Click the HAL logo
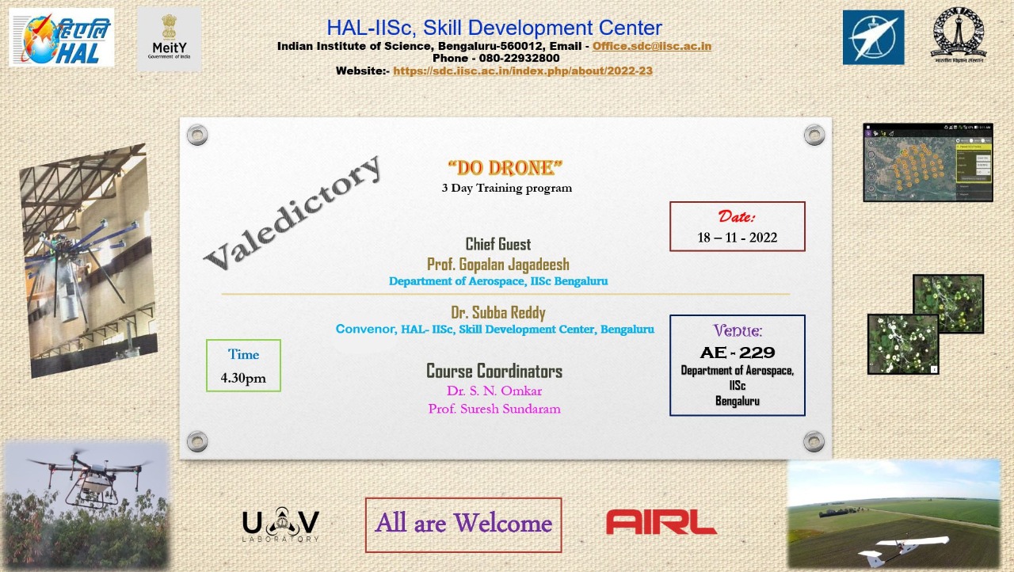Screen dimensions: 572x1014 click(61, 37)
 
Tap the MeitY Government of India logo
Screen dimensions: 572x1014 click(169, 39)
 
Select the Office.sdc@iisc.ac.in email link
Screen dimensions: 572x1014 click(651, 46)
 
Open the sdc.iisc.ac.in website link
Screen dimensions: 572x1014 click(522, 71)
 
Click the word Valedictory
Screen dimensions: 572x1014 click(292, 210)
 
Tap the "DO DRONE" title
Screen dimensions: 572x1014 click(505, 168)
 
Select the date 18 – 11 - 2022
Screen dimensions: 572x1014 click(737, 238)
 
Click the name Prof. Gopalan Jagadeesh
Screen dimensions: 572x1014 click(497, 264)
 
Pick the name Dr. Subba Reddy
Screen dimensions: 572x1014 click(497, 312)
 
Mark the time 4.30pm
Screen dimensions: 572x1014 click(243, 378)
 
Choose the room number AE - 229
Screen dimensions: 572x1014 click(737, 353)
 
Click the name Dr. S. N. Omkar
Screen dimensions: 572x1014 click(494, 391)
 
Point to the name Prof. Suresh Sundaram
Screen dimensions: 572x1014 click(494, 409)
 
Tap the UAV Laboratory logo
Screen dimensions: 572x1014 click(280, 524)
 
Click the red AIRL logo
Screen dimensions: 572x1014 click(661, 522)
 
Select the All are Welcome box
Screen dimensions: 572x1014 click(463, 524)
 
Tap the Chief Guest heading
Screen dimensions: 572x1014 click(497, 244)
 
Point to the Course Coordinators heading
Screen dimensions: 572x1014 click(494, 371)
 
